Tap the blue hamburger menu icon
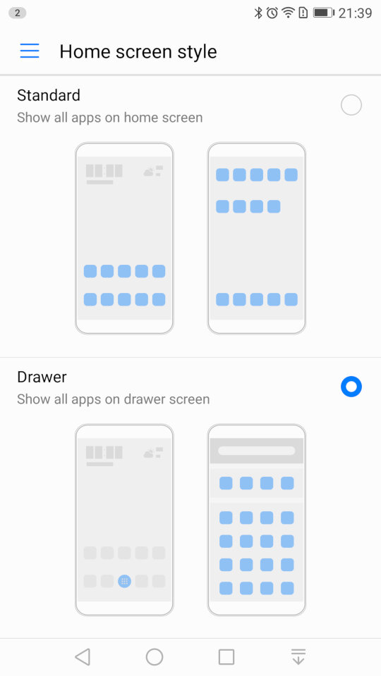pyautogui.click(x=30, y=51)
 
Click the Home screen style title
pyautogui.click(x=138, y=51)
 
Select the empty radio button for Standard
pyautogui.click(x=351, y=105)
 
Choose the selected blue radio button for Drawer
pyautogui.click(x=351, y=387)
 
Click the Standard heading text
pyautogui.click(x=49, y=95)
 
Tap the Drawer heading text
pyautogui.click(x=42, y=377)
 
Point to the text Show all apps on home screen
pyautogui.click(x=110, y=118)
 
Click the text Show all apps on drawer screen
pyautogui.click(x=113, y=399)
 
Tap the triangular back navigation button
pyautogui.click(x=83, y=657)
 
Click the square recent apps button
pyautogui.click(x=226, y=657)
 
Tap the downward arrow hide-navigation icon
pyautogui.click(x=298, y=657)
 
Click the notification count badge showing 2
pyautogui.click(x=17, y=13)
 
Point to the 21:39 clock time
pyautogui.click(x=355, y=13)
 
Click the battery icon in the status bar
pyautogui.click(x=324, y=13)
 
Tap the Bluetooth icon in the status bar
pyautogui.click(x=258, y=13)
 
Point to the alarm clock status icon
pyautogui.click(x=272, y=13)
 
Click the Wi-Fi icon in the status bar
pyautogui.click(x=288, y=13)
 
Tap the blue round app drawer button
pyautogui.click(x=124, y=581)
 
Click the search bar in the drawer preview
pyautogui.click(x=257, y=451)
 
